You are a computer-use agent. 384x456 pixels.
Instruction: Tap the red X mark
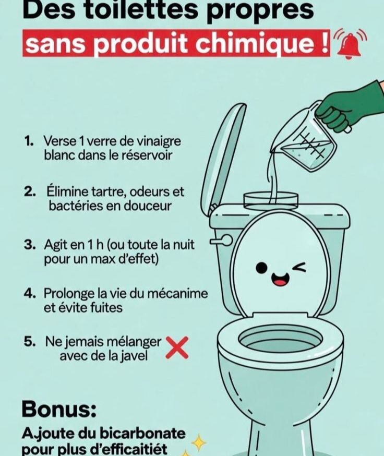[x=177, y=348]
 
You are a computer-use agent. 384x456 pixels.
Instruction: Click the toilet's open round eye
[x=261, y=268]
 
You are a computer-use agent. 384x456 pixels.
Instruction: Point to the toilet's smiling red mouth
[x=280, y=279]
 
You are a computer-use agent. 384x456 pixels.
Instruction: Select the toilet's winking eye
[x=299, y=268]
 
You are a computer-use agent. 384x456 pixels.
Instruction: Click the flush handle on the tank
[x=221, y=240]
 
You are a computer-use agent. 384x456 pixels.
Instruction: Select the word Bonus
[x=59, y=409]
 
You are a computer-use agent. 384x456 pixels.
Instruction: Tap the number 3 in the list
[x=29, y=245]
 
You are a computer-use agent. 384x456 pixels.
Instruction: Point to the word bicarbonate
[x=142, y=434]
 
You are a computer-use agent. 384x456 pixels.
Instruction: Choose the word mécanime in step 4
[x=178, y=293]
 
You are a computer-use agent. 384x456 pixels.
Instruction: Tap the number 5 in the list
[x=29, y=342]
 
